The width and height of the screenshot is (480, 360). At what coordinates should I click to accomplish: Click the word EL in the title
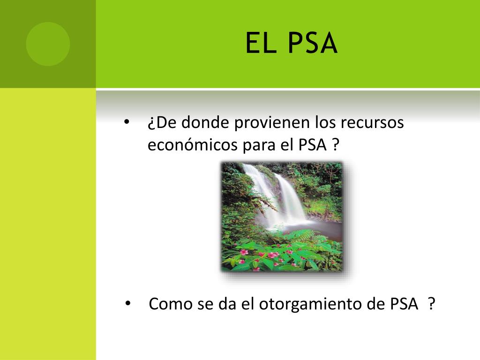point(260,43)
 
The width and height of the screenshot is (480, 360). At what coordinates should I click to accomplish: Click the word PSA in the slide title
point(313,43)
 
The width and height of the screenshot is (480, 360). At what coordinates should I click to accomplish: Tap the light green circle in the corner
point(48,44)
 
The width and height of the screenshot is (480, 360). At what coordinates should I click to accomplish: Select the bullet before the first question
point(127,122)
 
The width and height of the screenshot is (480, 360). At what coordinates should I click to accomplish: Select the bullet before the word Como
point(128,304)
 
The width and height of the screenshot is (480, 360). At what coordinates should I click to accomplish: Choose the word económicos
point(193,144)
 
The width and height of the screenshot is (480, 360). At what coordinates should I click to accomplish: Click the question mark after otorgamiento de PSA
point(432,304)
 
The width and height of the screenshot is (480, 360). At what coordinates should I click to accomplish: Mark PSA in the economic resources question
point(313,144)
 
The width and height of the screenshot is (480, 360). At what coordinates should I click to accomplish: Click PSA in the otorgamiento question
point(404,304)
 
